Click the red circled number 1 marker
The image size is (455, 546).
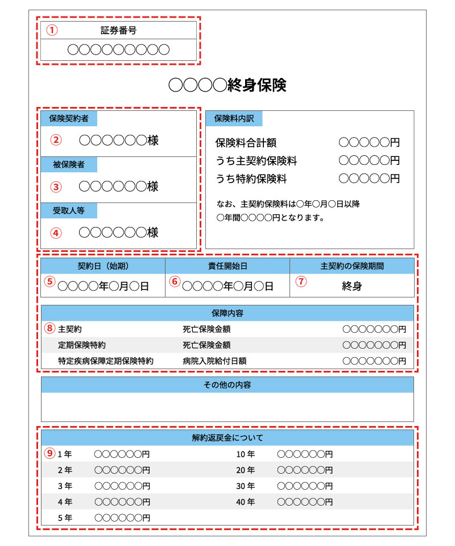(x=52, y=31)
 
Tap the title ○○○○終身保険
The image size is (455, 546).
(x=227, y=85)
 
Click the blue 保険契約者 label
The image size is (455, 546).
(x=69, y=119)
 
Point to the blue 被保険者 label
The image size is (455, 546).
(x=69, y=165)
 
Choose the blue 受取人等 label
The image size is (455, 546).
(x=69, y=210)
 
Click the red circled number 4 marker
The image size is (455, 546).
(x=55, y=233)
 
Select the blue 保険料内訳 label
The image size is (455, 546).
(x=234, y=119)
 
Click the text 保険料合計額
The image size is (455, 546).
(x=246, y=143)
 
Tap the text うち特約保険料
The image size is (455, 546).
(x=251, y=179)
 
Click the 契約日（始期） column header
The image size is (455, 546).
(x=103, y=266)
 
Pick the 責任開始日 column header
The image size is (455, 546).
(x=227, y=266)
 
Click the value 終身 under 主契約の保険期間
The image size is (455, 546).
(x=352, y=286)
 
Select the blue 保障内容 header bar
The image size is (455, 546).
(x=227, y=313)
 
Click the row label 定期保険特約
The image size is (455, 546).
(x=82, y=345)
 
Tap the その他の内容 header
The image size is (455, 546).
(x=227, y=385)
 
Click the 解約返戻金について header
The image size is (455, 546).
(x=227, y=438)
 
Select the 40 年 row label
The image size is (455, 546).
(x=246, y=502)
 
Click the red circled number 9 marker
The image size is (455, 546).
(x=51, y=454)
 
